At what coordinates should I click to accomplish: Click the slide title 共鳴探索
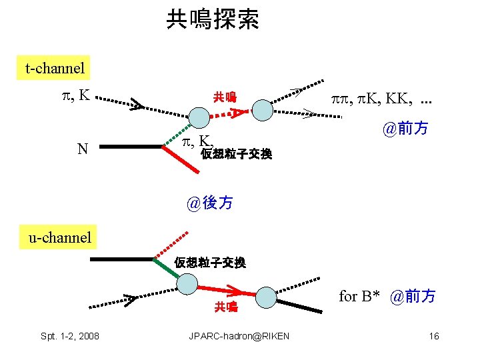213,19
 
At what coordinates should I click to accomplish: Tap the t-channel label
55,67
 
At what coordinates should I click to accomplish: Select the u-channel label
59,237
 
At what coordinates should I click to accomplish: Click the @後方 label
211,203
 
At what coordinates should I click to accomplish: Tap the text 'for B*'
359,296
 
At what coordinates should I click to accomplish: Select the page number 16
434,336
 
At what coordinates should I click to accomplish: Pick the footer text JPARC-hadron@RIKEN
240,336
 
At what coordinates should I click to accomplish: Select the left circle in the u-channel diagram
188,285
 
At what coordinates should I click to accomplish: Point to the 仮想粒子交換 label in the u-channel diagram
210,263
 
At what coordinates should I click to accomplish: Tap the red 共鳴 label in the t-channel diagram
224,97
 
